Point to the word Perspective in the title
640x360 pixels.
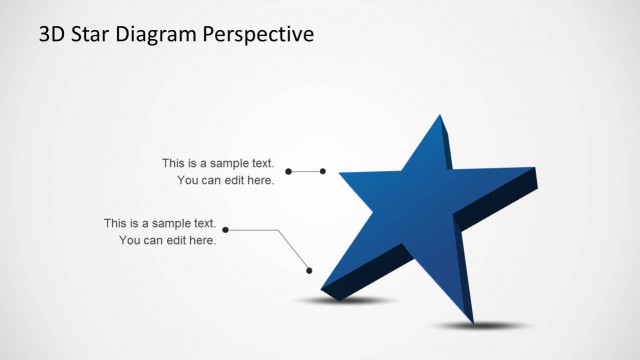(x=259, y=35)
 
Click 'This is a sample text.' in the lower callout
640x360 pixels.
(x=160, y=223)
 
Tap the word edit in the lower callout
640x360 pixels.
(x=176, y=240)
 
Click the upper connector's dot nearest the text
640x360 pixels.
(x=289, y=172)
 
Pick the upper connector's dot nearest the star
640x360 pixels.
(x=323, y=172)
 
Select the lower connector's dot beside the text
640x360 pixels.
(x=226, y=231)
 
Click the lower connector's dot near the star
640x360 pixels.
(x=310, y=270)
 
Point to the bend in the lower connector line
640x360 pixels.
(x=277, y=231)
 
